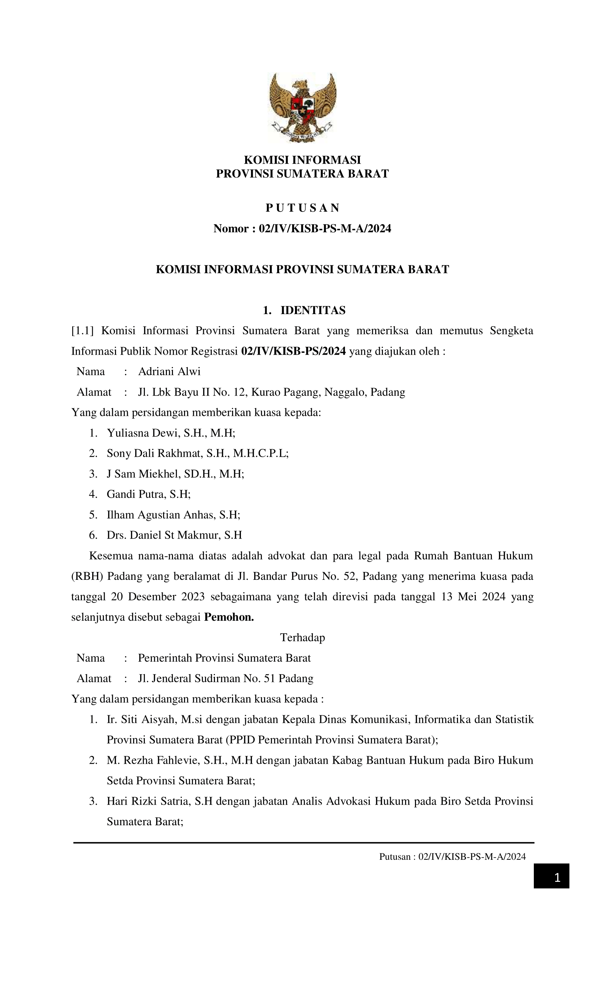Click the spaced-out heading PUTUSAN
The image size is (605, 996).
pos(302,208)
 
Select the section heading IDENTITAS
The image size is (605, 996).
pos(312,310)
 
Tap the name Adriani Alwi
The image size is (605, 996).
pos(169,371)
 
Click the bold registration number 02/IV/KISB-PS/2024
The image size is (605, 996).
pos(293,351)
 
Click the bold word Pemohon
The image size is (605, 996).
pos(229,617)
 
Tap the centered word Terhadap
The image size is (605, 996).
pos(302,637)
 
